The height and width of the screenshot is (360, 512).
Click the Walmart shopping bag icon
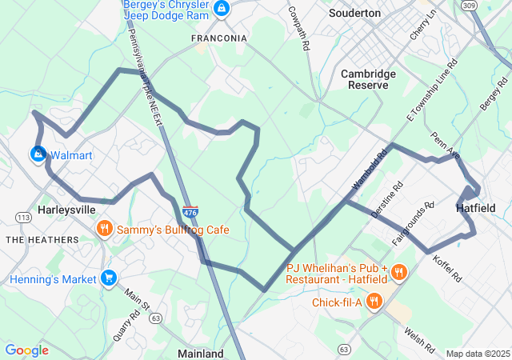(x=38, y=153)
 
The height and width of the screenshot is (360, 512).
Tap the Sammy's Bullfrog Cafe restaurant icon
(x=104, y=230)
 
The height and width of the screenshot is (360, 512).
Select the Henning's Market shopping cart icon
(x=109, y=278)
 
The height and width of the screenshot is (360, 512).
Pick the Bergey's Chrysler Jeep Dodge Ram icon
(x=222, y=10)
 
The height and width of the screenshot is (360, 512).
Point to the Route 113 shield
(x=24, y=217)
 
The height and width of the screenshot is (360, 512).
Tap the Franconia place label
(x=218, y=38)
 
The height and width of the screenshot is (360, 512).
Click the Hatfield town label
(x=475, y=208)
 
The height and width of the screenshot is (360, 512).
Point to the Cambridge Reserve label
(x=368, y=79)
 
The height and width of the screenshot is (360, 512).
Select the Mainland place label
(x=200, y=353)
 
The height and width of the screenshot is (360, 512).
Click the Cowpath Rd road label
(x=298, y=29)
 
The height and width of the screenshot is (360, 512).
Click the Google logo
(x=26, y=350)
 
